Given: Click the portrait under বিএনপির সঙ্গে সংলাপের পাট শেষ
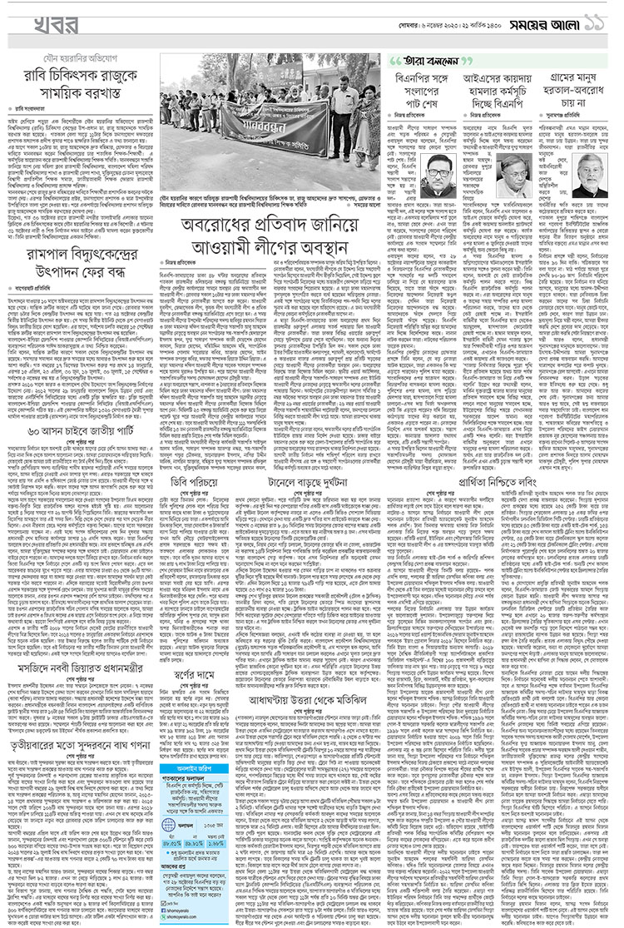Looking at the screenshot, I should pos(440,176).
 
